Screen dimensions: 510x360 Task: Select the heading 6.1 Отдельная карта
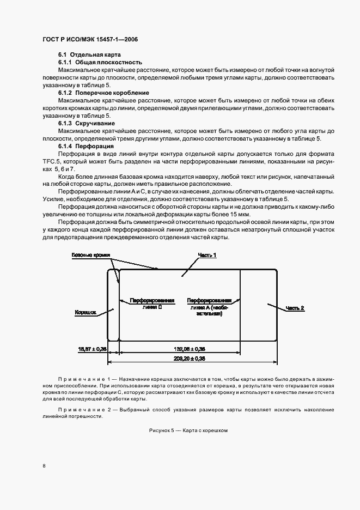pyautogui.click(x=90, y=56)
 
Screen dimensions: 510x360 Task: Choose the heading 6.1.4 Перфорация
pyautogui.click(x=86, y=147)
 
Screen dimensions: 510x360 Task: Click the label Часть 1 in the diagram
pyautogui.click(x=206, y=255)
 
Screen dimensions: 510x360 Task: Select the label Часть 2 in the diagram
pyautogui.click(x=295, y=308)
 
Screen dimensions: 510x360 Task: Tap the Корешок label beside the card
pyautogui.click(x=85, y=313)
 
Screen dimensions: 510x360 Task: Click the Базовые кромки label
pyautogui.click(x=91, y=255)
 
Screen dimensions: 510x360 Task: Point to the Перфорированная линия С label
pyautogui.click(x=152, y=303)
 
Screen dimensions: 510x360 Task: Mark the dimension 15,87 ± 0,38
pyautogui.click(x=93, y=349)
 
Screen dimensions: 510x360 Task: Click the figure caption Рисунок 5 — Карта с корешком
pyautogui.click(x=187, y=430)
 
